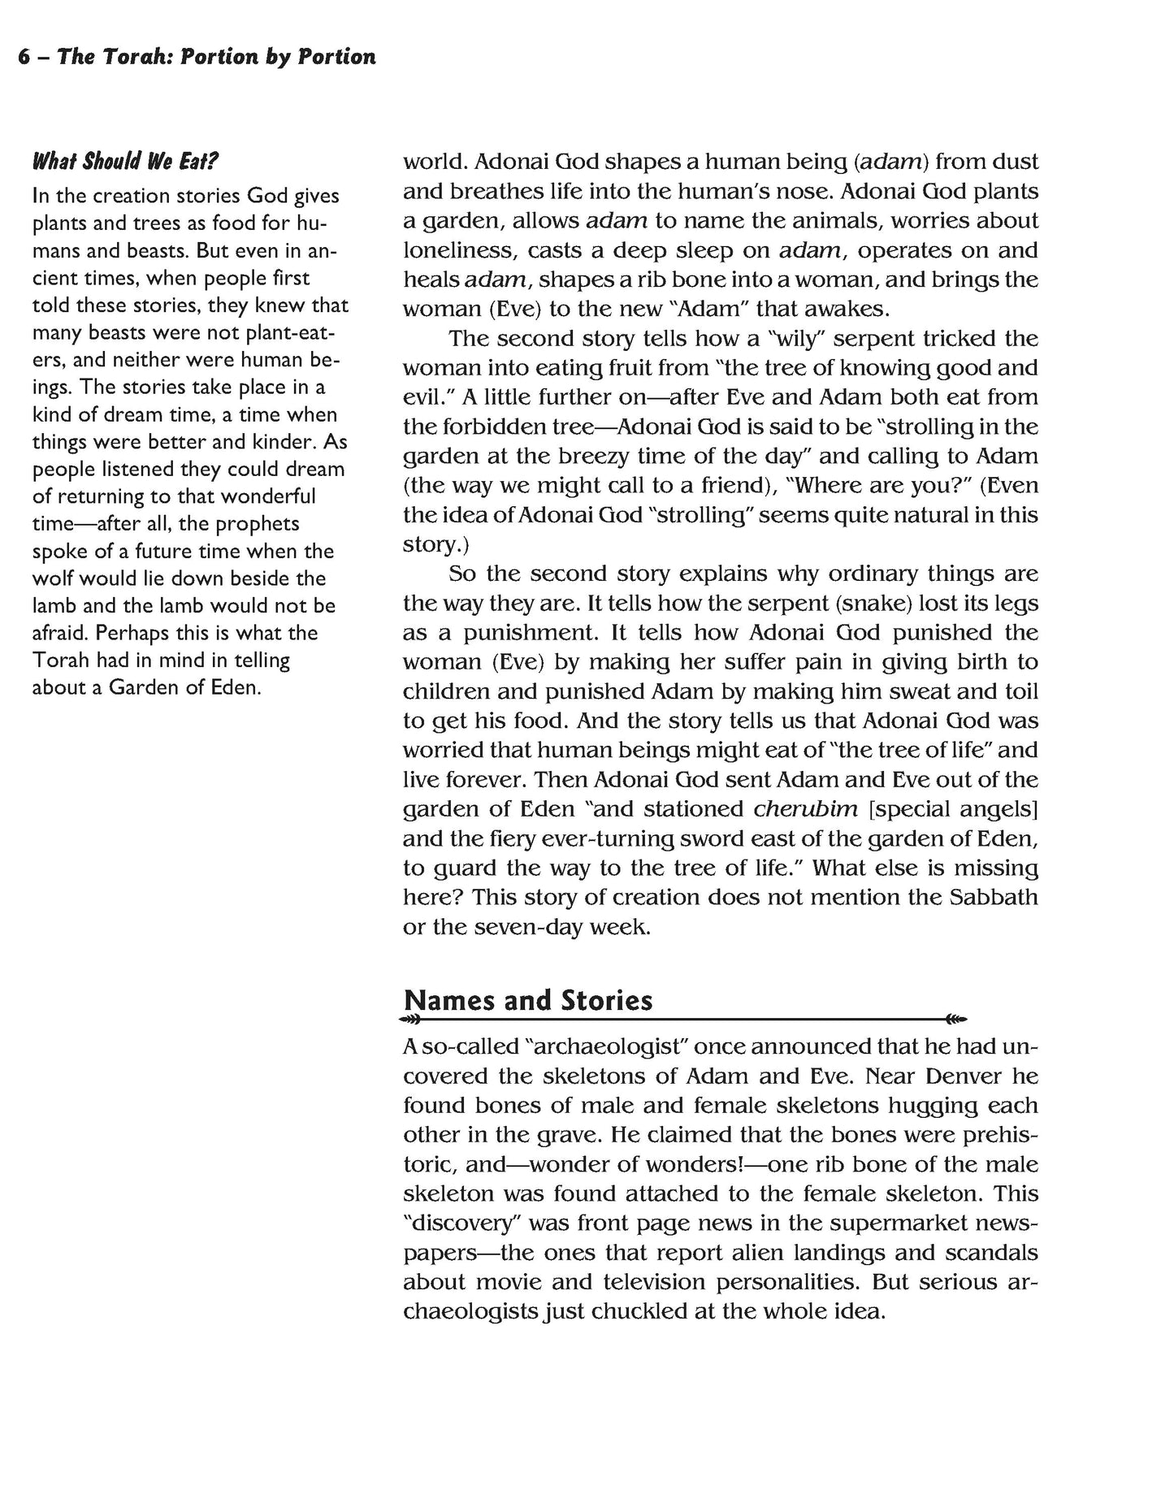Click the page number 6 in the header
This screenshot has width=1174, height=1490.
coord(24,57)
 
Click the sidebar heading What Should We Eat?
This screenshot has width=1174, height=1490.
coord(125,161)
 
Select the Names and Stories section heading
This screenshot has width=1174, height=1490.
coord(527,1000)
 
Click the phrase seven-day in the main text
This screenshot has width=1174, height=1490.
coord(527,927)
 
